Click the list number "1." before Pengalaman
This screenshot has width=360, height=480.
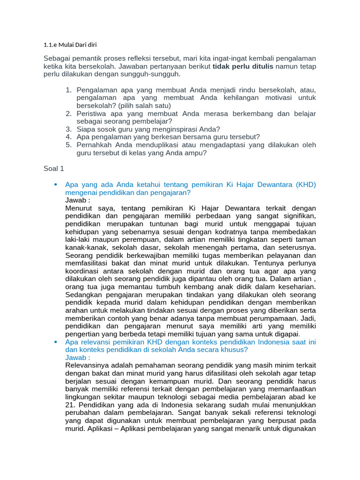click(x=68, y=90)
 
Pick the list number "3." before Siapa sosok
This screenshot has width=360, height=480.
click(x=68, y=129)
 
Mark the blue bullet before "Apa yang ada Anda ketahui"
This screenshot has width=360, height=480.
click(x=56, y=184)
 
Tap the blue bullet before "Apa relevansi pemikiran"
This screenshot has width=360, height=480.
click(x=56, y=342)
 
